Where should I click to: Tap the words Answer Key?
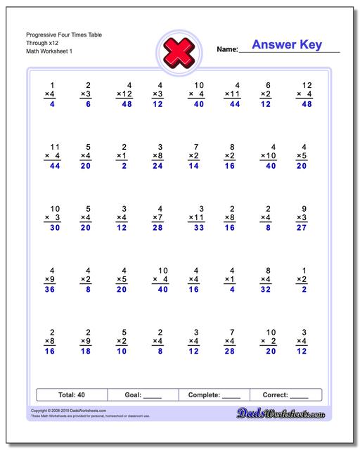(x=287, y=45)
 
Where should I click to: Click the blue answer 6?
(x=88, y=104)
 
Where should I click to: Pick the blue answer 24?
(x=157, y=166)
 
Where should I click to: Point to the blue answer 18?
(x=85, y=351)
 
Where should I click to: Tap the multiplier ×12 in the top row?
(x=124, y=94)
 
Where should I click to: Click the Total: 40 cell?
(x=70, y=394)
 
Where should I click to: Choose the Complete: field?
(x=214, y=394)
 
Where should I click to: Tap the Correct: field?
(x=285, y=394)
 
